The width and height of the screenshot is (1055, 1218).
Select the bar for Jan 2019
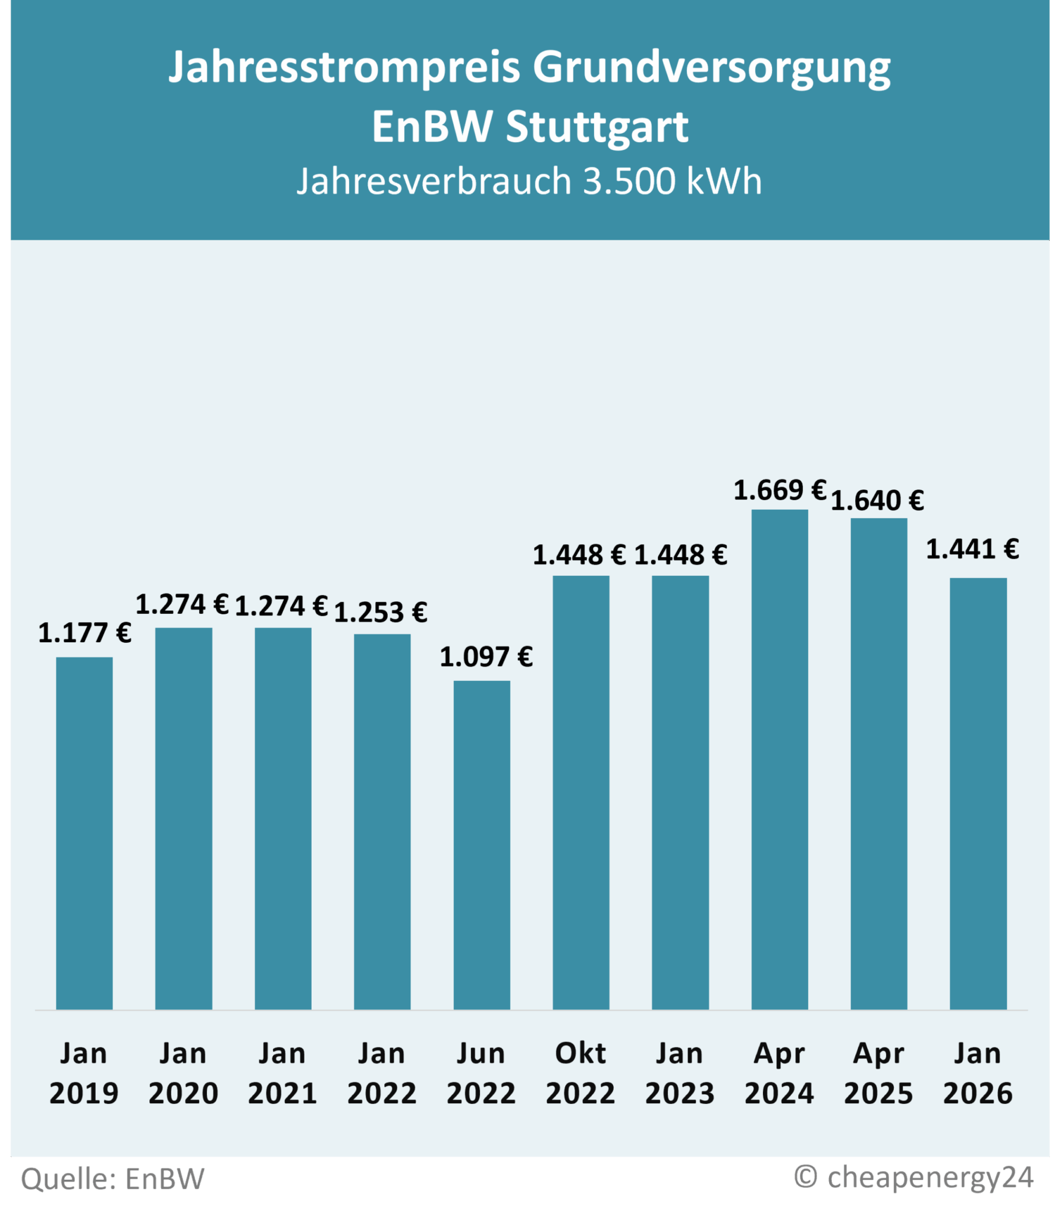click(x=84, y=833)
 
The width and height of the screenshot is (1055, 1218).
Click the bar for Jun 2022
click(x=482, y=845)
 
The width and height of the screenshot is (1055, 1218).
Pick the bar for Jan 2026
click(x=978, y=793)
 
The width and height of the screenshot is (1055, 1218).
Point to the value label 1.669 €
click(x=780, y=491)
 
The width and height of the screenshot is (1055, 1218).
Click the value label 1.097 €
click(x=486, y=657)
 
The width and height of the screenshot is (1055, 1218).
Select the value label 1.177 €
click(x=84, y=633)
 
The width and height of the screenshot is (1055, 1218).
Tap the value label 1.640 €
click(x=877, y=501)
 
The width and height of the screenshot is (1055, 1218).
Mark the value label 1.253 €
click(x=381, y=613)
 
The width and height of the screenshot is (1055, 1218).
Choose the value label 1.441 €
click(x=972, y=549)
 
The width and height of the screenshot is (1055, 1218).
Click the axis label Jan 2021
click(x=282, y=1073)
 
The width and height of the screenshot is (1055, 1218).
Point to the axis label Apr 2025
click(x=878, y=1073)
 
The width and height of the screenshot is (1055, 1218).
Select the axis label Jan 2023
click(x=680, y=1073)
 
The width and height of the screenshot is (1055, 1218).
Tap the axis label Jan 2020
click(x=183, y=1073)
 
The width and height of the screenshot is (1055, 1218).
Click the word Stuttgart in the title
click(x=596, y=127)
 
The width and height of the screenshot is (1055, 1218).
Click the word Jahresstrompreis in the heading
click(x=345, y=67)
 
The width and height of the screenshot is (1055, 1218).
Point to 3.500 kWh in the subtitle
click(x=672, y=181)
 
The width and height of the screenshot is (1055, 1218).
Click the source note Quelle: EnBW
click(x=113, y=1178)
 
